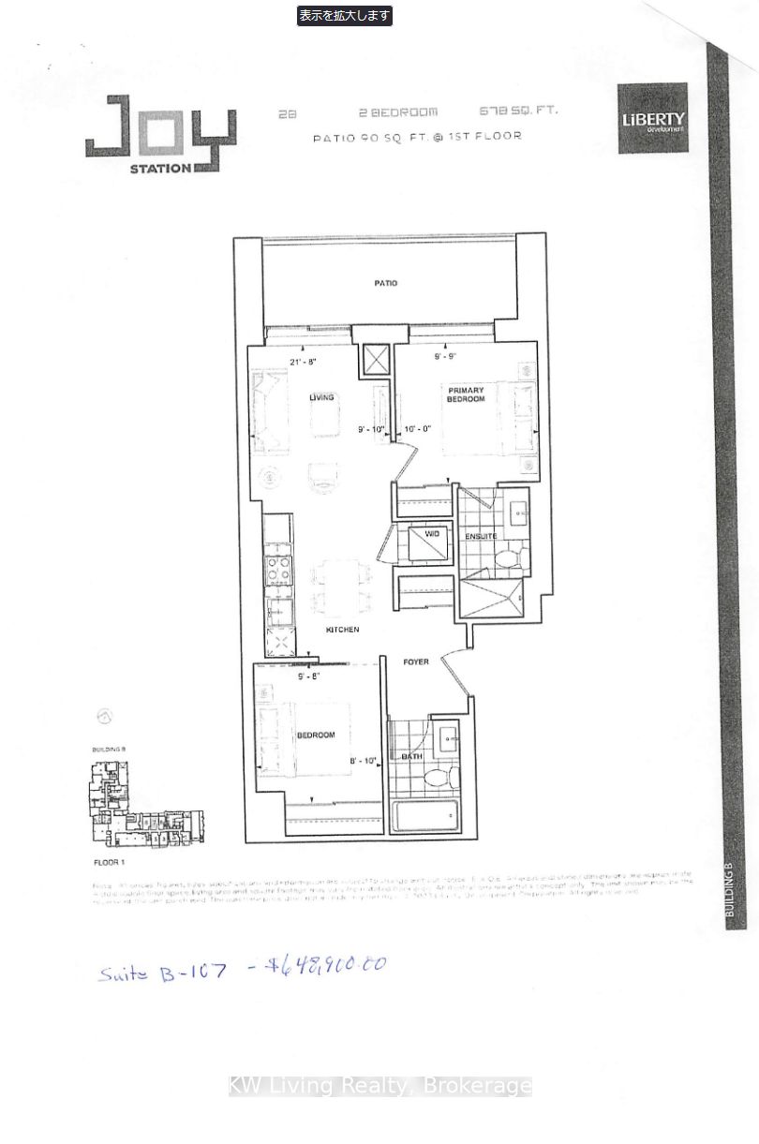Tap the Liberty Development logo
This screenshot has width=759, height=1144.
tap(652, 119)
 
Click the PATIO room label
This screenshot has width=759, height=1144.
tap(385, 283)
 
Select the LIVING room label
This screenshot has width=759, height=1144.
tap(321, 397)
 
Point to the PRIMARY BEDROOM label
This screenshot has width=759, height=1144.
tap(466, 394)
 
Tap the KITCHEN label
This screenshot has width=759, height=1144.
tap(342, 630)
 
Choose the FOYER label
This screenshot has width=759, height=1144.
tap(416, 662)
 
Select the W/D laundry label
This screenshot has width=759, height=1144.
tap(432, 534)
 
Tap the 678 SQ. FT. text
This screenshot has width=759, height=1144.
tap(518, 111)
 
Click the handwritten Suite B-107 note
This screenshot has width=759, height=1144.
tap(162, 971)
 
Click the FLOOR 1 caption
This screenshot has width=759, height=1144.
tap(109, 860)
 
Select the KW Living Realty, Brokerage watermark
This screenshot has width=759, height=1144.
tap(380, 1086)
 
